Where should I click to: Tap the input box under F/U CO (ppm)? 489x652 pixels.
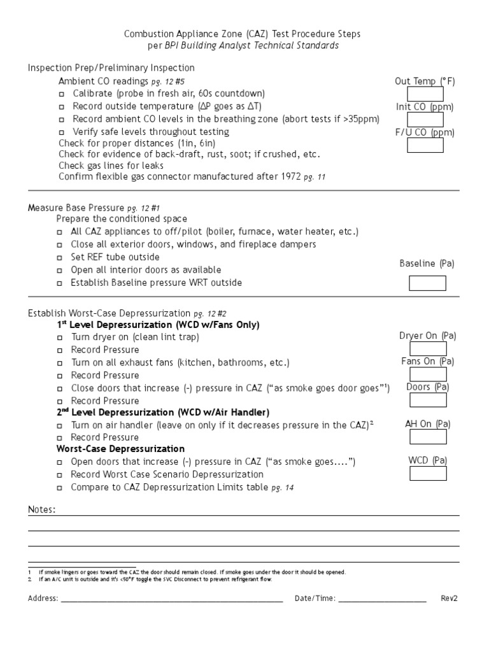pyautogui.click(x=425, y=146)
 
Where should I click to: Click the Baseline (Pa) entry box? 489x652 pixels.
pyautogui.click(x=427, y=283)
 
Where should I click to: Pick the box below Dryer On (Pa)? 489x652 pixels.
pyautogui.click(x=427, y=348)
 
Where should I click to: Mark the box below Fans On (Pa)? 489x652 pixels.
pyautogui.click(x=427, y=374)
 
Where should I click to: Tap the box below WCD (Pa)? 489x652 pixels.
pyautogui.click(x=427, y=474)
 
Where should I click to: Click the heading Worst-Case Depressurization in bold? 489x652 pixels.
pyautogui.click(x=120, y=449)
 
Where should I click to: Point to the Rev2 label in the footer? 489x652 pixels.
pyautogui.click(x=449, y=599)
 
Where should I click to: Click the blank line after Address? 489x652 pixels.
pyautogui.click(x=172, y=599)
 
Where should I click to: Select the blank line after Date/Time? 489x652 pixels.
pyautogui.click(x=382, y=599)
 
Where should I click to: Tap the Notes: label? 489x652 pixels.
pyautogui.click(x=41, y=510)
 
